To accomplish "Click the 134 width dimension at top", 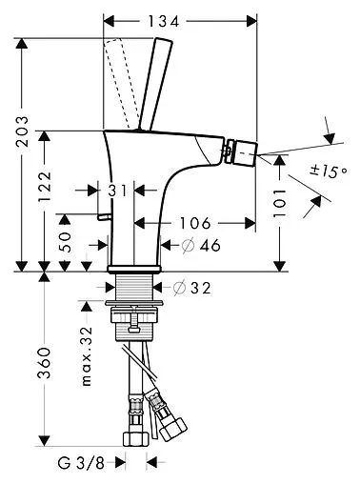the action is (x=164, y=22).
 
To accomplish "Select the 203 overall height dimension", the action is (x=23, y=131).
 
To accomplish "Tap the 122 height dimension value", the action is (x=45, y=187).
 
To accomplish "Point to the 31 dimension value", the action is (x=117, y=191).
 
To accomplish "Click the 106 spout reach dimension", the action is (x=195, y=223).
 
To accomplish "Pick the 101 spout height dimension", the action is (x=280, y=203).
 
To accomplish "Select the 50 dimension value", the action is (x=65, y=242).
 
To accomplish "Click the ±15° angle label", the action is (x=328, y=171).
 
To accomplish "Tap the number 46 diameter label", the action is (x=210, y=246).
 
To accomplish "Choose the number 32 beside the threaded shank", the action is (x=200, y=288).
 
